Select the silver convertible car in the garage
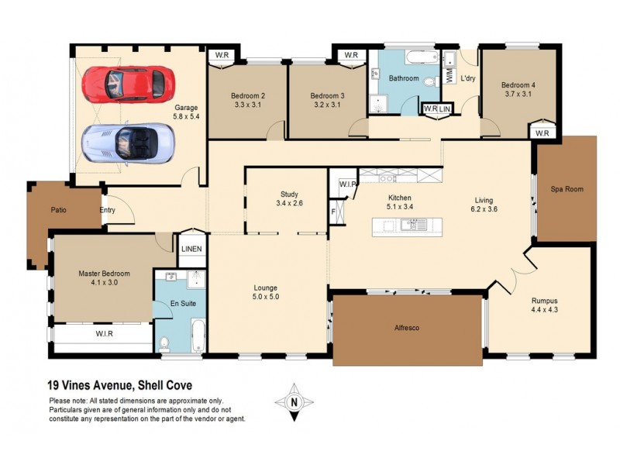[x=128, y=142]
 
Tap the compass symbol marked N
[x=293, y=401]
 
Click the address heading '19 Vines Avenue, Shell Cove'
[x=120, y=385]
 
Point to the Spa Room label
[x=567, y=189]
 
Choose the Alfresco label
[x=407, y=329]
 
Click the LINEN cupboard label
[x=191, y=249]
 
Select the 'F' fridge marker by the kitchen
[x=334, y=210]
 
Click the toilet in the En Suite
[x=164, y=343]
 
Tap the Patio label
[x=59, y=209]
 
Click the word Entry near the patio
[x=108, y=210]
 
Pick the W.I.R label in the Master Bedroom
[x=105, y=335]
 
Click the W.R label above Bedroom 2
[x=222, y=55]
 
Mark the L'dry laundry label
[x=467, y=79]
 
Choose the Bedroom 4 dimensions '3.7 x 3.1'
[x=517, y=95]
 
